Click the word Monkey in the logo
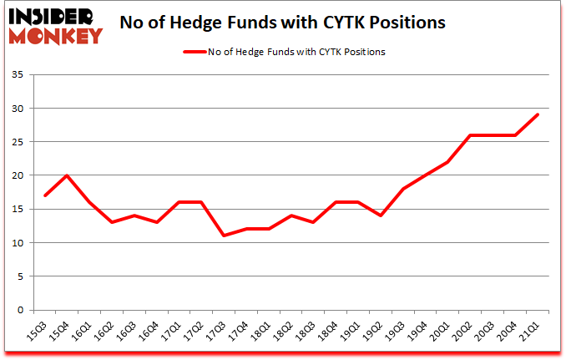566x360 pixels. (56, 35)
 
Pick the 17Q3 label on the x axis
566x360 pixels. (215, 332)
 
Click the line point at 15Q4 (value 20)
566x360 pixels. (67, 175)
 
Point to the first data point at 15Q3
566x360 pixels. (45, 195)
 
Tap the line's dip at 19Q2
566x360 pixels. (380, 215)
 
